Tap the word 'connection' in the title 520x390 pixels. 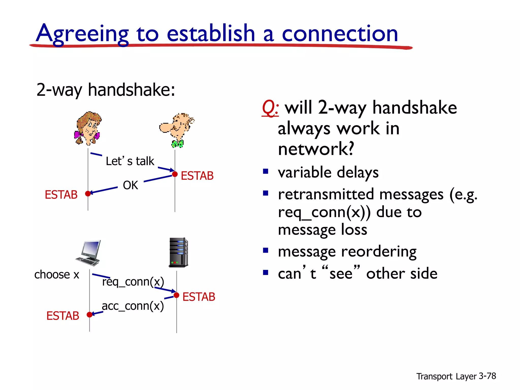(x=340, y=34)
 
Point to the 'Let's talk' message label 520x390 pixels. (x=130, y=161)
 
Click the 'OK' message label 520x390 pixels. (x=130, y=185)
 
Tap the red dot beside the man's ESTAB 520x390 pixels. (x=175, y=174)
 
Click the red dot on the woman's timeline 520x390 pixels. (x=88, y=194)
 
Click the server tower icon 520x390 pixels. (x=178, y=252)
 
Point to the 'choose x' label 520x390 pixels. (x=57, y=274)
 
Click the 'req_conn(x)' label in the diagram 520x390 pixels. (x=133, y=282)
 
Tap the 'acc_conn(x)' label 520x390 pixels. (x=133, y=306)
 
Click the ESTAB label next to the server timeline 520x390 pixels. (x=199, y=297)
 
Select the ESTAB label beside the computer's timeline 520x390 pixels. (x=63, y=316)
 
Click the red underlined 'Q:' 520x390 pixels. (x=270, y=108)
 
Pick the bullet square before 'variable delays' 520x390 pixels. (x=266, y=171)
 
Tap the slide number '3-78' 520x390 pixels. (x=487, y=376)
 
